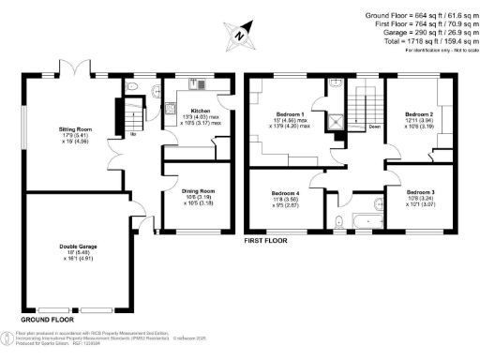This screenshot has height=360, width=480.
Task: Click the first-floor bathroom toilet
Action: click(x=337, y=222)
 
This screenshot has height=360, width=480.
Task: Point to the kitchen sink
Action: click(x=199, y=85)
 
